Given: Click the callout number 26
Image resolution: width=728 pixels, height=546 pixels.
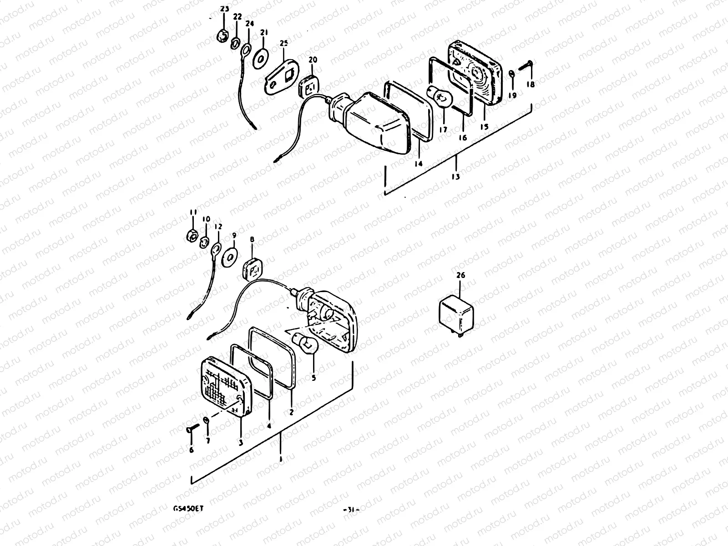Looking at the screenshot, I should pyautogui.click(x=460, y=275).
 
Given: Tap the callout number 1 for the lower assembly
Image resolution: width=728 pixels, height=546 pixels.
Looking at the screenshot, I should pyautogui.click(x=281, y=459).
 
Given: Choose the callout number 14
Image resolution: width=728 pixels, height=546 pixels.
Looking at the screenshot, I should pyautogui.click(x=418, y=163).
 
